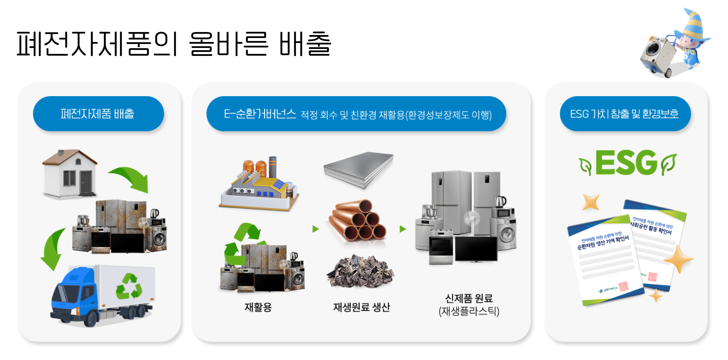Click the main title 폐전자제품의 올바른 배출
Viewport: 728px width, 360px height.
pos(173,44)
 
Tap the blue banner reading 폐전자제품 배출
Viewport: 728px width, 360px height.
pos(98,114)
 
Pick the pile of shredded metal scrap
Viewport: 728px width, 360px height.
pos(360,271)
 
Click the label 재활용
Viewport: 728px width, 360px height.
pos(258,307)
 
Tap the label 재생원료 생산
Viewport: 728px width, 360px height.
pos(361,307)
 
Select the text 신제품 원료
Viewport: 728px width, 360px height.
pos(469,298)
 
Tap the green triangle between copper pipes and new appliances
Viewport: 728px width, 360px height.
pos(403,229)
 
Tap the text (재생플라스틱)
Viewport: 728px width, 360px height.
pos(469,311)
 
